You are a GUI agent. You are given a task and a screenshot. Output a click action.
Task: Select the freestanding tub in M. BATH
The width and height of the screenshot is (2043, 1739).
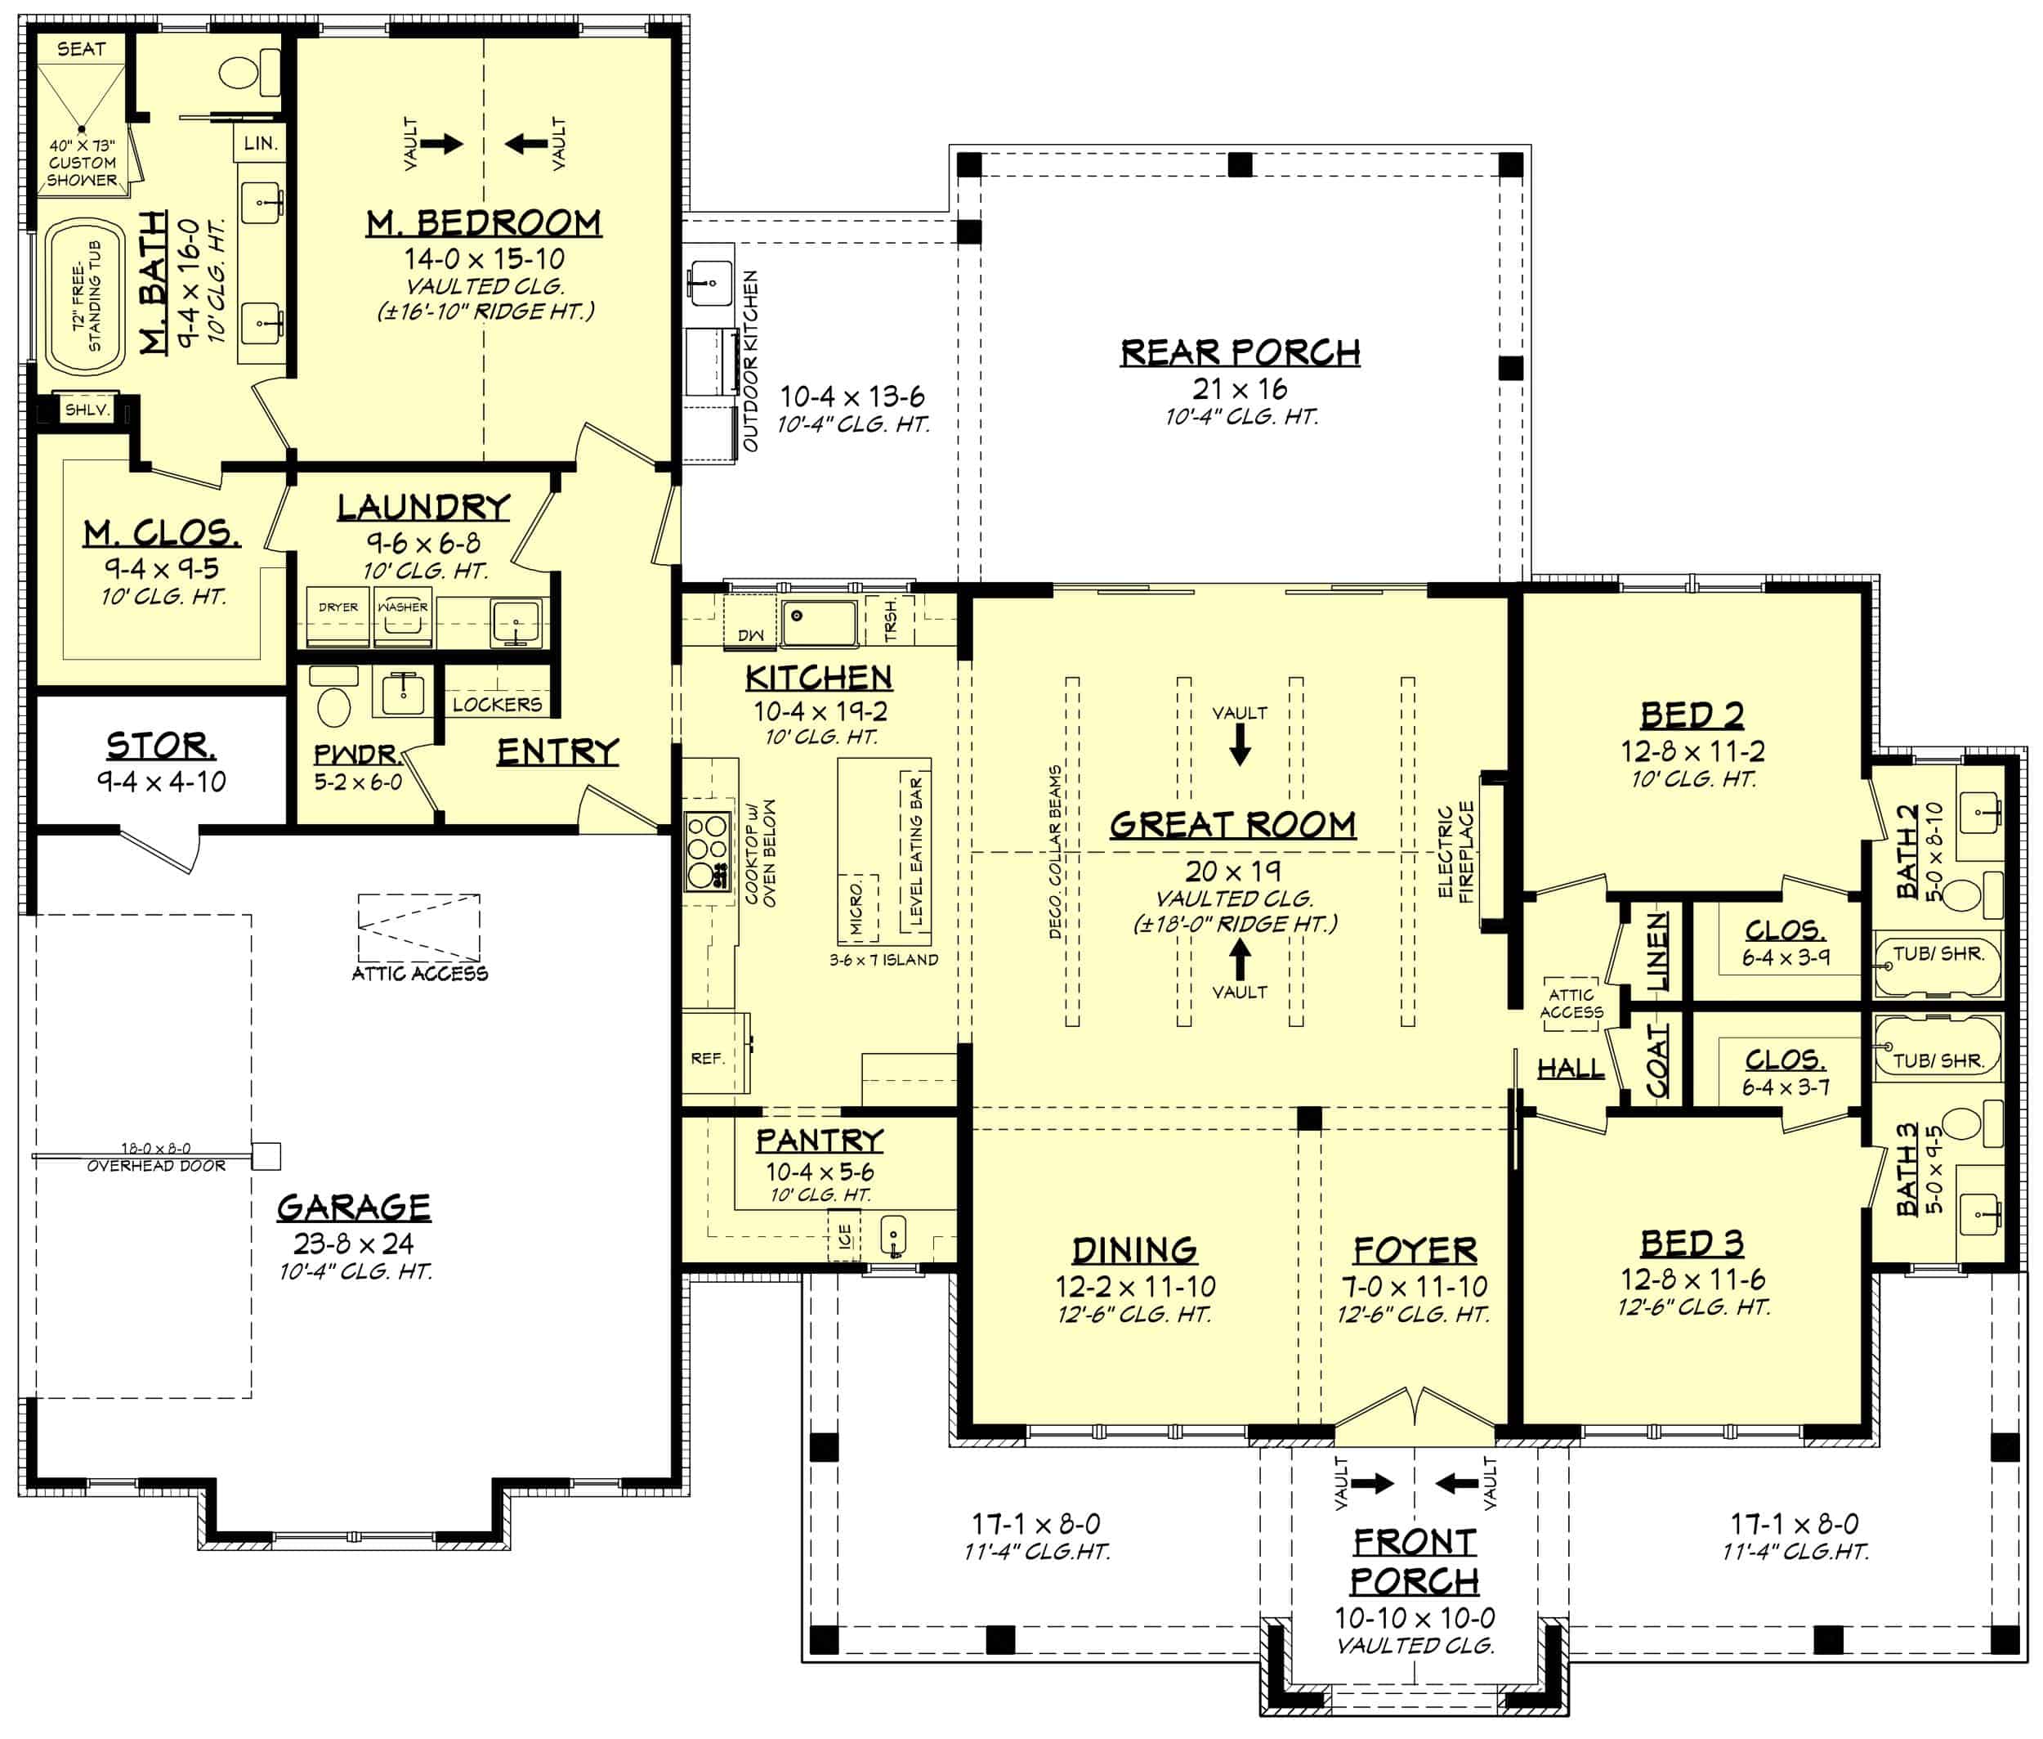click(x=85, y=297)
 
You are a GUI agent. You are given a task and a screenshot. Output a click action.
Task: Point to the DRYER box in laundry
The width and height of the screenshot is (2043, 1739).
click(x=338, y=608)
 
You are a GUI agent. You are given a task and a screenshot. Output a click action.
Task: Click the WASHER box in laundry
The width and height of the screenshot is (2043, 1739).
click(x=403, y=608)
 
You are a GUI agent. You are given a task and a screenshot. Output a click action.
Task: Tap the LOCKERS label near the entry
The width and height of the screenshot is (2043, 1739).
click(x=497, y=704)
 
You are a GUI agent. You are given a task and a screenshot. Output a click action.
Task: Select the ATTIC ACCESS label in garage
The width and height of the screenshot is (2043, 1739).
click(x=420, y=974)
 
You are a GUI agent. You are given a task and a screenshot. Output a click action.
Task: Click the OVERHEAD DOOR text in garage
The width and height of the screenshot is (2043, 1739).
click(x=156, y=1166)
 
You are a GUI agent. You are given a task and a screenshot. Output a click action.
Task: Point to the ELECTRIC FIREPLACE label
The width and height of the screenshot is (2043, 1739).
click(x=1455, y=851)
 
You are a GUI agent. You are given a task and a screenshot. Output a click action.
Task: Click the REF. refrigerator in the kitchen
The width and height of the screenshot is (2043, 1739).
click(x=708, y=1059)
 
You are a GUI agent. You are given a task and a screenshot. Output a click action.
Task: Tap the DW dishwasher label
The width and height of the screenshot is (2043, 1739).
click(x=751, y=635)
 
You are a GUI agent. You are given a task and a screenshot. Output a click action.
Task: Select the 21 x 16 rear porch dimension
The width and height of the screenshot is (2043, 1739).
click(x=1240, y=388)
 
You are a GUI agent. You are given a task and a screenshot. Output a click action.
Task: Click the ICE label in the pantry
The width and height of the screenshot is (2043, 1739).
click(x=845, y=1236)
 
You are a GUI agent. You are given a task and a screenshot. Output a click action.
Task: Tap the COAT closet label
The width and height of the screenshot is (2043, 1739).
click(x=1657, y=1060)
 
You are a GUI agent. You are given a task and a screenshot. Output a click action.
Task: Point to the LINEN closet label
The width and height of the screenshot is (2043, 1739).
click(x=1657, y=952)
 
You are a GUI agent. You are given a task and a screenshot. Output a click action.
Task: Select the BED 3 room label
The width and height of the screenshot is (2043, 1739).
click(x=1691, y=1243)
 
